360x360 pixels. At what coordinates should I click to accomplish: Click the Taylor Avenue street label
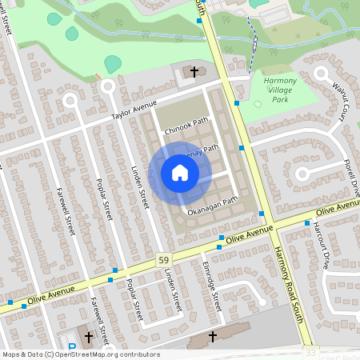pyautogui.click(x=134, y=110)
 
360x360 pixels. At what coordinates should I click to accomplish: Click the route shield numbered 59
pyautogui.click(x=163, y=262)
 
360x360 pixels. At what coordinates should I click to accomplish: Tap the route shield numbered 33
pyautogui.click(x=309, y=352)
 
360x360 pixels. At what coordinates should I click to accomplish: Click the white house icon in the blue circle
pyautogui.click(x=179, y=173)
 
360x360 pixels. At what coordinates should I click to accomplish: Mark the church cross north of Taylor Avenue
pyautogui.click(x=194, y=73)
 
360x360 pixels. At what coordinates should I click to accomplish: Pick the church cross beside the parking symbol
pyautogui.click(x=88, y=337)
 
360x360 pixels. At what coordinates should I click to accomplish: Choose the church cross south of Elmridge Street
pyautogui.click(x=213, y=337)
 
